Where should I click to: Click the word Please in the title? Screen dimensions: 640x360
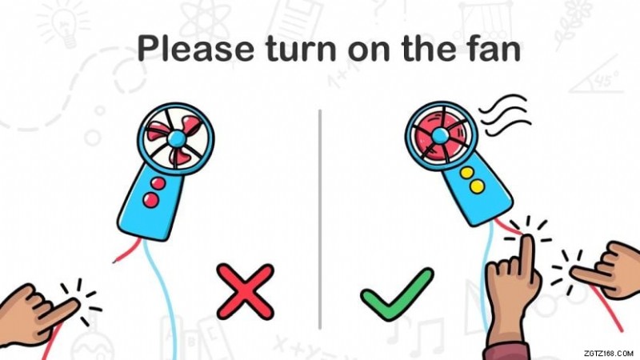[195, 49]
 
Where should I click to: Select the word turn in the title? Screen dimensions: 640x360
[302, 50]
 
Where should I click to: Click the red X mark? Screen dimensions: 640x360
[246, 291]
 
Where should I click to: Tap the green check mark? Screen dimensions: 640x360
[397, 294]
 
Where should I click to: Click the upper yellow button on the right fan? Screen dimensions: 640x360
[467, 173]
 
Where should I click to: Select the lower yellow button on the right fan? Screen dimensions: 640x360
[477, 186]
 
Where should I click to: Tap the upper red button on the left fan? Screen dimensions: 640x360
[158, 183]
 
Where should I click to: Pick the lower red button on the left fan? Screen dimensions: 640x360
[150, 199]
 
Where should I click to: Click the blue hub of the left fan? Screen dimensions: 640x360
[176, 138]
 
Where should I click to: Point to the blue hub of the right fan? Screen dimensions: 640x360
[440, 135]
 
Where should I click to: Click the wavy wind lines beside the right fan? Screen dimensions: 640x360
[506, 114]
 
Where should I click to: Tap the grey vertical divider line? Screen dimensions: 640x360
[320, 218]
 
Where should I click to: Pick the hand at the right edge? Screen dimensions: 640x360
[608, 270]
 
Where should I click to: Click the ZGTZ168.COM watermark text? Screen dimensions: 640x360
[608, 353]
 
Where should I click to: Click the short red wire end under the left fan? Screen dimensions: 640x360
[126, 251]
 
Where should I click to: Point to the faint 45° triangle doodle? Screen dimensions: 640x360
[597, 79]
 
